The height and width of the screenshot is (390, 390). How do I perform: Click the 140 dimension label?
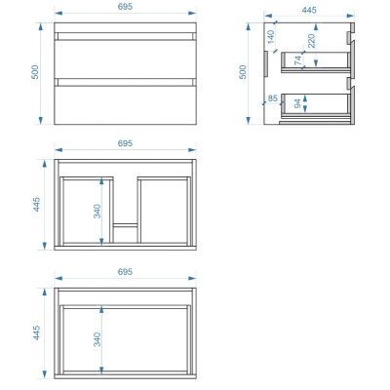pyautogui.click(x=271, y=37)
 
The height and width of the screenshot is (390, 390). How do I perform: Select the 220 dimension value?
pyautogui.click(x=311, y=41)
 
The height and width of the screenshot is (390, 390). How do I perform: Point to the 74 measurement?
pyautogui.click(x=298, y=60)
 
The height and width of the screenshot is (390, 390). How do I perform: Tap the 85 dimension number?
pyautogui.click(x=273, y=97)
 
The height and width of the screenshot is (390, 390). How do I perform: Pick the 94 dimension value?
pyautogui.click(x=297, y=103)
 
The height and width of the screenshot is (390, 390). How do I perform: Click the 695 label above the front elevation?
pyautogui.click(x=125, y=7)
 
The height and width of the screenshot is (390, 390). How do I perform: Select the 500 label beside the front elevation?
pyautogui.click(x=35, y=72)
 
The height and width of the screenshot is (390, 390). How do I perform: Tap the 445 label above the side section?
pyautogui.click(x=309, y=10)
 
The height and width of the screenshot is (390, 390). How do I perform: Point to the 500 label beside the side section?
pyautogui.click(x=243, y=72)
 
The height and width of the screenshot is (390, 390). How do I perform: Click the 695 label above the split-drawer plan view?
pyautogui.click(x=125, y=143)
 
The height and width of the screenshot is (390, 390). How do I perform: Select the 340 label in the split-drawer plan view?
pyautogui.click(x=97, y=212)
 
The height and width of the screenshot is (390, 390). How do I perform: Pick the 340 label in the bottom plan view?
pyautogui.click(x=97, y=339)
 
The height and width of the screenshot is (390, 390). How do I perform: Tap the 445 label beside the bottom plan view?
pyautogui.click(x=36, y=332)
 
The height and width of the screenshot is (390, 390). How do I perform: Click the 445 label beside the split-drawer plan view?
pyautogui.click(x=36, y=205)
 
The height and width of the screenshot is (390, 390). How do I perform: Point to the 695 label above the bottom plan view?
pyautogui.click(x=125, y=272)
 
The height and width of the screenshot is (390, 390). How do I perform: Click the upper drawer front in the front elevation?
pyautogui.click(x=125, y=59)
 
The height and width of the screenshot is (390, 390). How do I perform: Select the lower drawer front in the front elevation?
pyautogui.click(x=125, y=105)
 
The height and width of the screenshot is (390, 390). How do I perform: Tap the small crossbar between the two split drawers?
pyautogui.click(x=126, y=225)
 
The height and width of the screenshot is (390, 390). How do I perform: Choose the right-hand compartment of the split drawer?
pyautogui.click(x=164, y=211)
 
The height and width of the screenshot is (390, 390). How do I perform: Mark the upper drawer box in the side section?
pyautogui.click(x=315, y=62)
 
